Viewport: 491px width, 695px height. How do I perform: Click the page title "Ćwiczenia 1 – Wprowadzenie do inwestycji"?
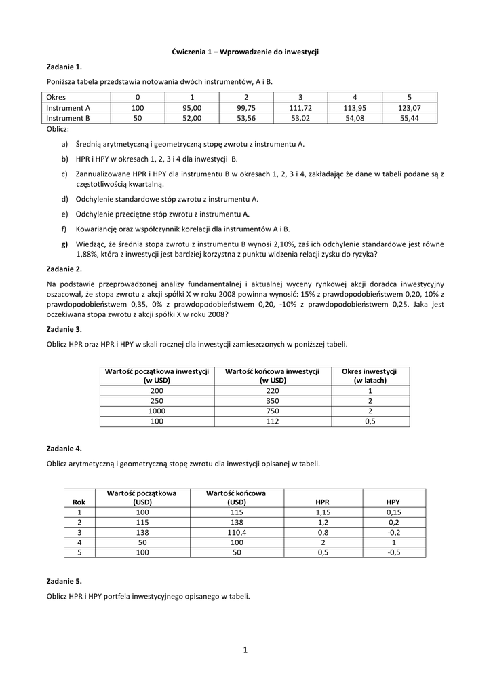[245, 52]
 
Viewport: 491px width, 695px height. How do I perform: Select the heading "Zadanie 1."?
[64, 67]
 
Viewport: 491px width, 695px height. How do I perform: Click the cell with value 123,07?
[409, 108]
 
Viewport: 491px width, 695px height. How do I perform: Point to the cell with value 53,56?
[245, 118]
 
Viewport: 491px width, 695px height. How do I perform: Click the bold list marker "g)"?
[64, 244]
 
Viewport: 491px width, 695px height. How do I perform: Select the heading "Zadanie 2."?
[64, 269]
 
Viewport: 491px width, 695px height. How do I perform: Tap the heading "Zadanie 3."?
[64, 329]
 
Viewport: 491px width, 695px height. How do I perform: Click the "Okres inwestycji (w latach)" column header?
[369, 376]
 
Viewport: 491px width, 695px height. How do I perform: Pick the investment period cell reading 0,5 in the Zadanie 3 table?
[370, 421]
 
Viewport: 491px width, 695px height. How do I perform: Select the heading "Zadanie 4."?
[64, 449]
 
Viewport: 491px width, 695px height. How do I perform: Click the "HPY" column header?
[393, 502]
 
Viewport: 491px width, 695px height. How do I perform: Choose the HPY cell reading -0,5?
[393, 553]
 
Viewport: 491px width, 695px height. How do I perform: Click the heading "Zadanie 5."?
[64, 582]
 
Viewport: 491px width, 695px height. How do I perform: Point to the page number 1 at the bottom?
[245, 651]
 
